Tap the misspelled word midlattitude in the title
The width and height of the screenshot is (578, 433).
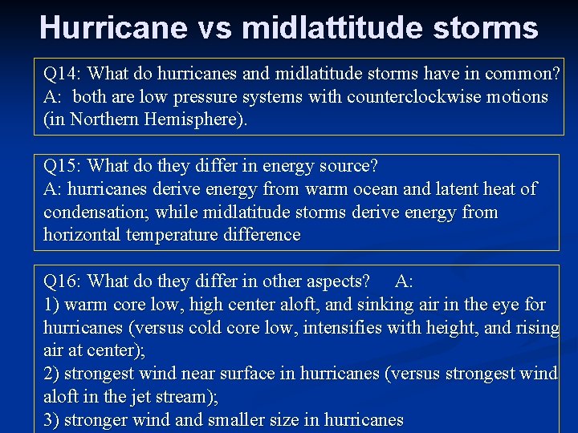pyautogui.click(x=338, y=28)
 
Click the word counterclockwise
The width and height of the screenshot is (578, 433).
pyautogui.click(x=405, y=97)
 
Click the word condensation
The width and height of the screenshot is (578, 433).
pyautogui.click(x=94, y=212)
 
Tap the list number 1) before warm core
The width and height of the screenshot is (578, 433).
pyautogui.click(x=51, y=305)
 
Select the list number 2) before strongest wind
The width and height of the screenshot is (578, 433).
pyautogui.click(x=51, y=374)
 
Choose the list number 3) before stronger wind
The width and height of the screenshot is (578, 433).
pyautogui.click(x=51, y=420)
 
